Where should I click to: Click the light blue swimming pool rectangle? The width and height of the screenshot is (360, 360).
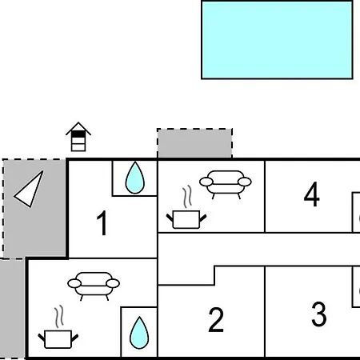pyautogui.click(x=277, y=40)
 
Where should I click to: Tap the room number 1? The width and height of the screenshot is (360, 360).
pyautogui.click(x=102, y=223)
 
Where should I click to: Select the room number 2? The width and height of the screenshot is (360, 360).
pyautogui.click(x=216, y=319)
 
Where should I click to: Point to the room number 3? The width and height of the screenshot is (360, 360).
pyautogui.click(x=319, y=314)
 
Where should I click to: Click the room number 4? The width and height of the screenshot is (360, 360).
pyautogui.click(x=311, y=194)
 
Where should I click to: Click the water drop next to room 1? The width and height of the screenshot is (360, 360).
pyautogui.click(x=135, y=178)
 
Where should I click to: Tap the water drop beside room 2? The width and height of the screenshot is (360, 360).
pyautogui.click(x=139, y=333)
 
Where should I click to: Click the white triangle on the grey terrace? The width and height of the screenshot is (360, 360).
pyautogui.click(x=29, y=189)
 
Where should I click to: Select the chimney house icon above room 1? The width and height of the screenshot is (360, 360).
pyautogui.click(x=78, y=137)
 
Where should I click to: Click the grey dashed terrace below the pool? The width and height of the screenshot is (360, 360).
pyautogui.click(x=194, y=143)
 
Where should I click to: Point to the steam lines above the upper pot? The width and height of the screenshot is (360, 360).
pyautogui.click(x=187, y=197)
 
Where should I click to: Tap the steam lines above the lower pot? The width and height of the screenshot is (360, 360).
pyautogui.click(x=59, y=317)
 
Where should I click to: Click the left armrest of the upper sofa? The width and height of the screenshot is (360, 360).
pyautogui.click(x=206, y=182)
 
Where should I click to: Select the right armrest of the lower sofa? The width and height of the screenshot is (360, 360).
pyautogui.click(x=113, y=283)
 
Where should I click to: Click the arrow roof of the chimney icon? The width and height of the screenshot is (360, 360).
pyautogui.click(x=78, y=128)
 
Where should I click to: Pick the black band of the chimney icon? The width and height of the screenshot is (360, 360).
pyautogui.click(x=78, y=134)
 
